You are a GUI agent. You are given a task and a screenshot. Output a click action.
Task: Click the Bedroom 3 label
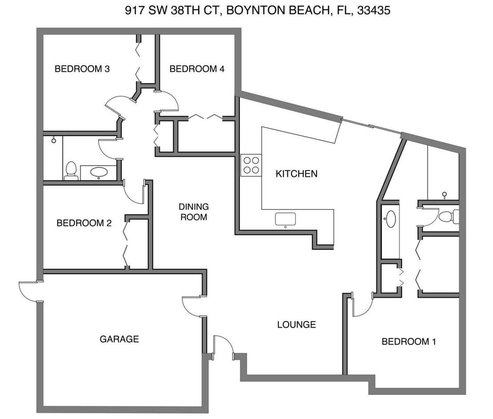(x=82, y=69)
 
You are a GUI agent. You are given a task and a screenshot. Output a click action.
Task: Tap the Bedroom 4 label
(x=197, y=69)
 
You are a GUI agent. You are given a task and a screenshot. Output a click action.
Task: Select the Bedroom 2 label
(x=84, y=223)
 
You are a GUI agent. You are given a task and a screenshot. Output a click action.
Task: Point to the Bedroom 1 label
(x=409, y=341)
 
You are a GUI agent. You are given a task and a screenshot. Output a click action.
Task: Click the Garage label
(x=119, y=339)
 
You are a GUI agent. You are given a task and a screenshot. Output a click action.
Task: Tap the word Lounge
(x=296, y=325)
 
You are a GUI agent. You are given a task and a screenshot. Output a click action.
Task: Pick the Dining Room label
(x=194, y=212)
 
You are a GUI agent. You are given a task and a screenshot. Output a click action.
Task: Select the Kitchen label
(x=296, y=174)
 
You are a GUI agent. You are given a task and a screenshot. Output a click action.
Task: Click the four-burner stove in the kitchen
(x=251, y=165)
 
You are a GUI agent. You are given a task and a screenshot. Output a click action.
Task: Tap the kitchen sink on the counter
(x=286, y=219)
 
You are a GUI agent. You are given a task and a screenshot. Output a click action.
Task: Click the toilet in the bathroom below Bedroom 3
(x=71, y=170)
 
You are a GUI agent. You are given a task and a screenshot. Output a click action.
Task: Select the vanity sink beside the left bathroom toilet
(x=99, y=172)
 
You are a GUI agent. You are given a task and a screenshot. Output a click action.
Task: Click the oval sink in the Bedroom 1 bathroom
(x=390, y=218)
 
